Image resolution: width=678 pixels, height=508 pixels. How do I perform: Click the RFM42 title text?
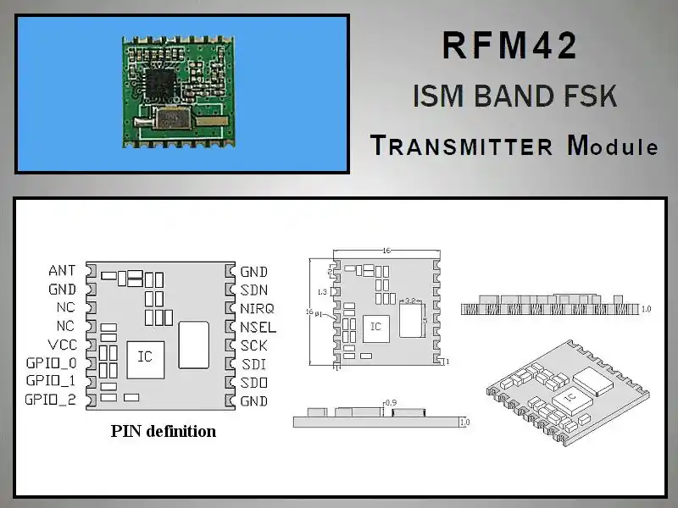(510, 47)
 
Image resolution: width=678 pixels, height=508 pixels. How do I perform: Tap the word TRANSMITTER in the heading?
(462, 146)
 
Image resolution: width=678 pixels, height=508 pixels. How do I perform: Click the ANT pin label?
(62, 271)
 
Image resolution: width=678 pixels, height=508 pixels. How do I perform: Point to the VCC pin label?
(62, 345)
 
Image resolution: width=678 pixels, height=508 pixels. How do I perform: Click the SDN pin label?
(253, 290)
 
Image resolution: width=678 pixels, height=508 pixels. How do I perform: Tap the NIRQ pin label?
(257, 308)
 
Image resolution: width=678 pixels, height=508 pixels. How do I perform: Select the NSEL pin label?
(258, 327)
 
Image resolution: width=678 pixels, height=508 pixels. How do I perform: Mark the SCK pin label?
(253, 345)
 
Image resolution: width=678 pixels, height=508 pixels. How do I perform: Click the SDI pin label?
(253, 364)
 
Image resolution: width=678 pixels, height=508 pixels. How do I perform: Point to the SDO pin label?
(253, 383)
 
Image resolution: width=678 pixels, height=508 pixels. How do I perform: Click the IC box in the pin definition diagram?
(145, 356)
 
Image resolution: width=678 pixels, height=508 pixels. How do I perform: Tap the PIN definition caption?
(164, 431)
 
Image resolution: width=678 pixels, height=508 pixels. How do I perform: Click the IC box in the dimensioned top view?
(375, 327)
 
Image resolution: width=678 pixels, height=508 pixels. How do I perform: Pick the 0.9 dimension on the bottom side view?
(391, 402)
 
